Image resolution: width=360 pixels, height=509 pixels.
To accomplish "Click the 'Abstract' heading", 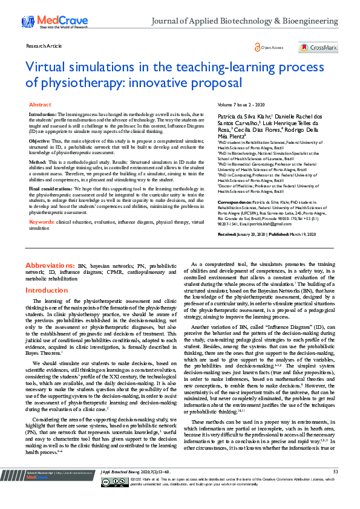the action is pyautogui.click(x=40, y=105).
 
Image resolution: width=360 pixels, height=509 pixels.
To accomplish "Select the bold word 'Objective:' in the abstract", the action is pyautogui.click(x=39, y=140).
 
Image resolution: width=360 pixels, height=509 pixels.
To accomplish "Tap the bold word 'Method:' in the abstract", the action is pyautogui.click(x=38, y=162).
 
